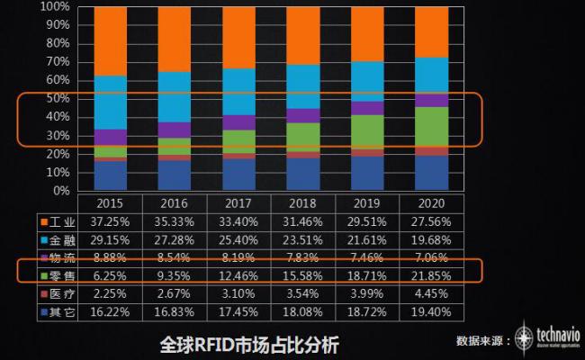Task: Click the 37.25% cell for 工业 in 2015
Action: pyautogui.click(x=110, y=221)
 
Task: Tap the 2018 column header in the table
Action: pyautogui.click(x=302, y=203)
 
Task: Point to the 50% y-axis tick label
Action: pyautogui.click(x=58, y=99)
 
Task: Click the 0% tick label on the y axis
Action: pyautogui.click(x=61, y=191)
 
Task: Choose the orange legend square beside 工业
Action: pyautogui.click(x=44, y=221)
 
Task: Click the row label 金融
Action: pyautogui.click(x=62, y=238)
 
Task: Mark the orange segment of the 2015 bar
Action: pyautogui.click(x=110, y=41)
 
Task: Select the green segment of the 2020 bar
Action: pyautogui.click(x=431, y=127)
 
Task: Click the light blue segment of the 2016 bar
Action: pyautogui.click(x=174, y=97)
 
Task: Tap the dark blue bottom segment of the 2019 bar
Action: pyautogui.click(x=367, y=174)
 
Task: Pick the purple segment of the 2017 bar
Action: pyautogui.click(x=238, y=122)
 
